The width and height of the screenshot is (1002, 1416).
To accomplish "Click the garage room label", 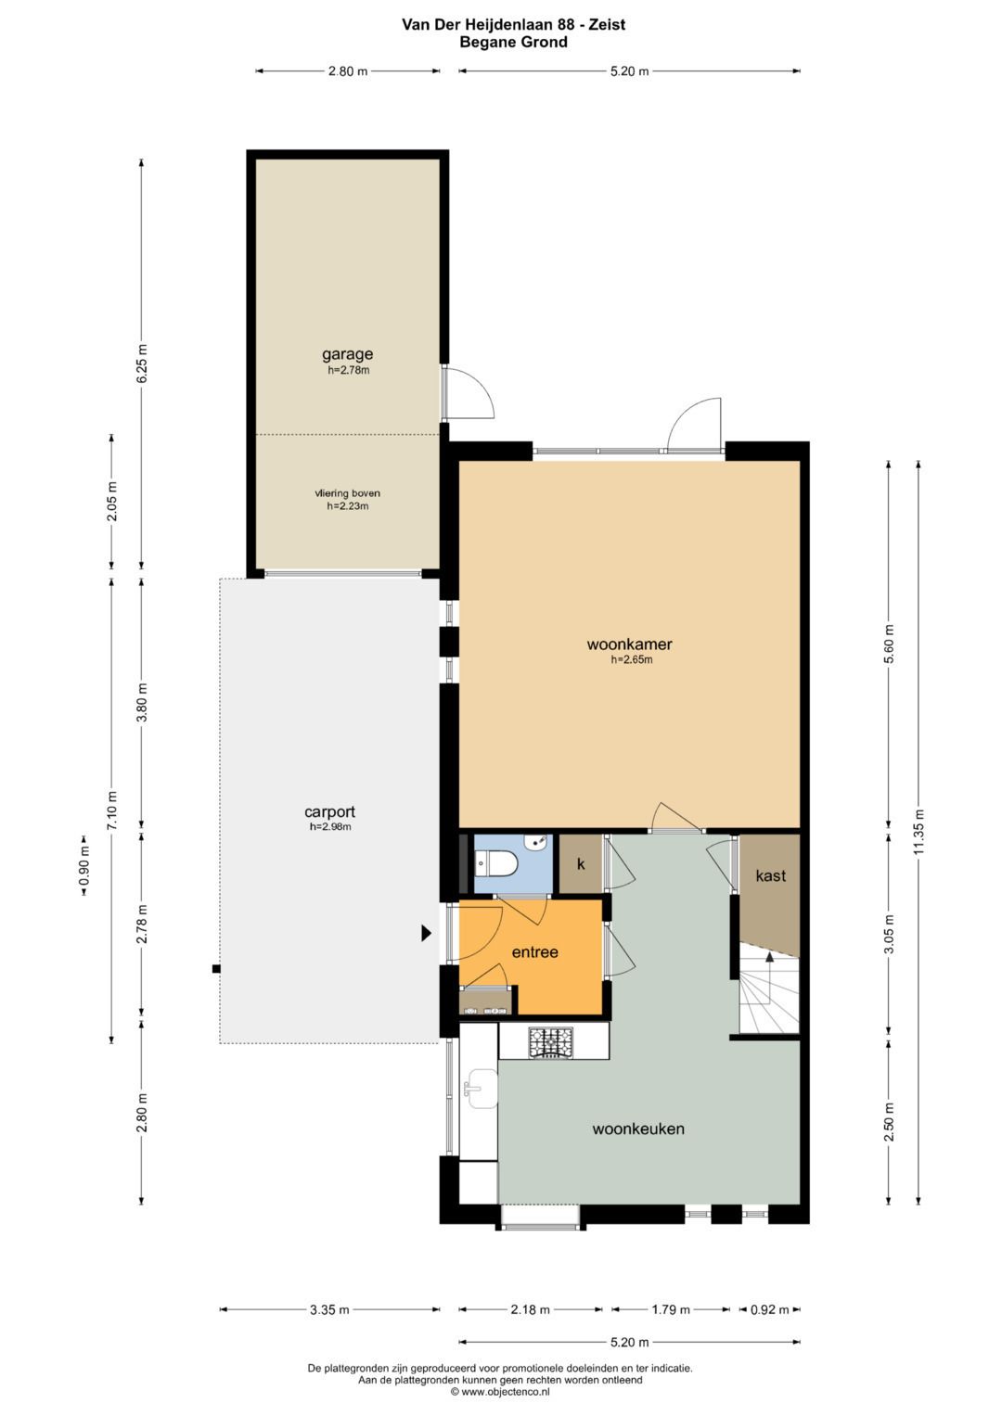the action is pos(347,354).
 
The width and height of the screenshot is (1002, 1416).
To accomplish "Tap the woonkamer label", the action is pos(629,644).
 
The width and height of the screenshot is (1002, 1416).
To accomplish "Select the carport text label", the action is pos(329,811).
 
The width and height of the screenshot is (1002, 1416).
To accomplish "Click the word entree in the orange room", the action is pos(535,952).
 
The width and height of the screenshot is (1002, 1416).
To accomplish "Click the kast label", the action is pos(770,875).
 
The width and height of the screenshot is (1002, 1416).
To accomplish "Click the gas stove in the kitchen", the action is pos(550,1042).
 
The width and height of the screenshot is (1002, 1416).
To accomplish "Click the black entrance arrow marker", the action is pos(427,933).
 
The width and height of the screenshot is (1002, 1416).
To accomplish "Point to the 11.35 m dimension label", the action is pos(918,833).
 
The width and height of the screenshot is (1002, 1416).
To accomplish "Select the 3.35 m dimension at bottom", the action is pos(329,1309).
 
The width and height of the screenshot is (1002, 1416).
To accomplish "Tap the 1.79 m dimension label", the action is pos(671,1309).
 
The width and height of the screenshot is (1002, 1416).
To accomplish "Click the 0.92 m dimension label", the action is pos(769,1309).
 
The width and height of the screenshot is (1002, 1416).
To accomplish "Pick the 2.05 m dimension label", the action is pos(112,502).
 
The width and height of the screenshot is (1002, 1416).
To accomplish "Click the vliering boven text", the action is pos(348,493).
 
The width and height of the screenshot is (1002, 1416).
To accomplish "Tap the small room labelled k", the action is pos(581,864).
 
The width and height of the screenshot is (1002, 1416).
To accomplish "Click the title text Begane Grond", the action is pos(513,43).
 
